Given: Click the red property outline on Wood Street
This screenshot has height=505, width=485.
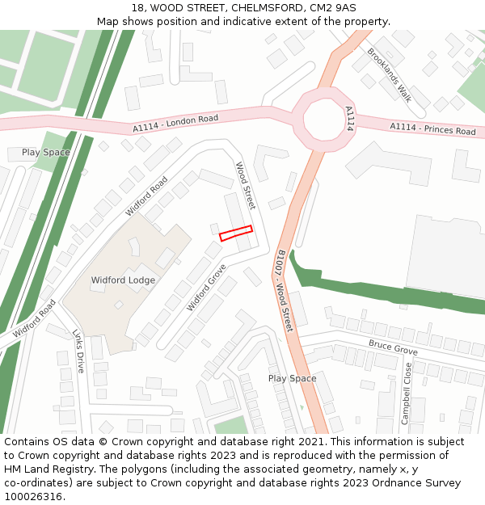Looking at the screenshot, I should pyautogui.click(x=236, y=233).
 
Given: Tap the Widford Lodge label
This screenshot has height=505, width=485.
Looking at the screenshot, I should pyautogui.click(x=123, y=280).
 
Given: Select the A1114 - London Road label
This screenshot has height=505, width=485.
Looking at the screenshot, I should pyautogui.click(x=175, y=123).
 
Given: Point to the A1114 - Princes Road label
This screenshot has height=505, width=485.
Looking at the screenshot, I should pyautogui.click(x=432, y=128).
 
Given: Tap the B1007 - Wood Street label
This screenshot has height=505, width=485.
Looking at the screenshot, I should pyautogui.click(x=284, y=292).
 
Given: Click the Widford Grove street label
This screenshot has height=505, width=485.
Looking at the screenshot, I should pyautogui.click(x=207, y=287).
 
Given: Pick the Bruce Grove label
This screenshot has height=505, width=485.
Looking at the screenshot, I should pyautogui.click(x=393, y=346).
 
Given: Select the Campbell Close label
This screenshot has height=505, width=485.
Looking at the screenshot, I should pyautogui.click(x=407, y=393).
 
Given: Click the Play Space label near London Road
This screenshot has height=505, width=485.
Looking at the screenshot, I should pyautogui.click(x=45, y=152).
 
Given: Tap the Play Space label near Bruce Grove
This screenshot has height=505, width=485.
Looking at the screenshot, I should pyautogui.click(x=292, y=378).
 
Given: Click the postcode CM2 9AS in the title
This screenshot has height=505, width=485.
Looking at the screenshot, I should pyautogui.click(x=333, y=7).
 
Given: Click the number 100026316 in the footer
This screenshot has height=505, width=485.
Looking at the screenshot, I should pyautogui.click(x=32, y=497).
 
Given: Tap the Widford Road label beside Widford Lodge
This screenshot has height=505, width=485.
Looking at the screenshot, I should pyautogui.click(x=146, y=196).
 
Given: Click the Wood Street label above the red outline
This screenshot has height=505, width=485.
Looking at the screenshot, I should pyautogui.click(x=245, y=185).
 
